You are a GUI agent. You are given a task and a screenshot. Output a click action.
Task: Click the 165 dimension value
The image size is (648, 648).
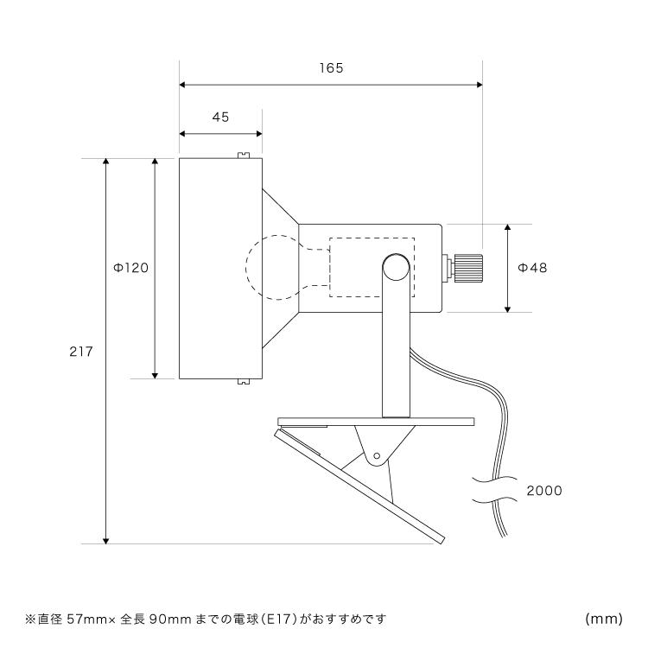click(330, 68)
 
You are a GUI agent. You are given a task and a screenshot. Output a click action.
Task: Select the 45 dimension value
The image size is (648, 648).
click(220, 118)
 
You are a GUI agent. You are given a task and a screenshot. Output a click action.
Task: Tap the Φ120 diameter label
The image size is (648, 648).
click(131, 268)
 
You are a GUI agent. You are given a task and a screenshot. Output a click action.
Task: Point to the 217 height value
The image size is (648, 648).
click(80, 352)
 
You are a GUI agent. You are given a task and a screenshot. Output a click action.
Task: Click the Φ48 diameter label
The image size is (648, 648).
click(532, 268)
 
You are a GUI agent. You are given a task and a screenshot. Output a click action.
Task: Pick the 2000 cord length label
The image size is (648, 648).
click(544, 491)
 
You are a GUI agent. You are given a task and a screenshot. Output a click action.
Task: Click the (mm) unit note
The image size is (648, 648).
click(604, 619)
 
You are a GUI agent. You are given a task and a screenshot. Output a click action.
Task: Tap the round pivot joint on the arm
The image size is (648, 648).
click(396, 267)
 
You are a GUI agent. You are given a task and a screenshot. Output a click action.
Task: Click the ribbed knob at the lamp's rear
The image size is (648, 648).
click(467, 267)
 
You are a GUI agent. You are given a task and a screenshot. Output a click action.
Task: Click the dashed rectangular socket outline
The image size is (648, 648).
click(372, 268)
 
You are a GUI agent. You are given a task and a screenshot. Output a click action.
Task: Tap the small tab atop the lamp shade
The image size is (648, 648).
click(244, 156)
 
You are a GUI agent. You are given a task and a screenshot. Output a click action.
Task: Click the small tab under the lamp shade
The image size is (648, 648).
click(244, 380)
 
